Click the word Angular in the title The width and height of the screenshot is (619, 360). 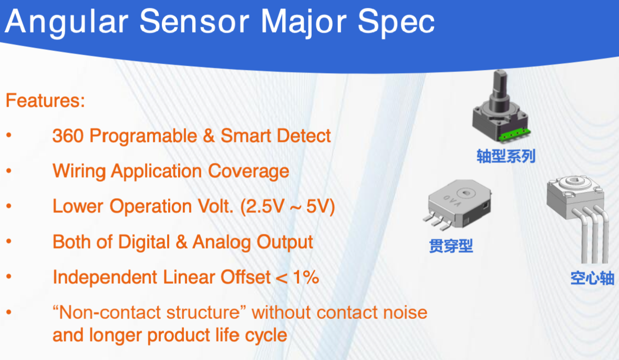click(x=67, y=22)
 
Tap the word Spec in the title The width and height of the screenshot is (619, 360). click(x=396, y=22)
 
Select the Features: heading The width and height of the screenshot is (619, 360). click(x=45, y=100)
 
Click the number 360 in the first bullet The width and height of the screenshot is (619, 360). click(x=68, y=136)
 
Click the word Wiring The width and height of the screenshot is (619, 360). click(x=79, y=171)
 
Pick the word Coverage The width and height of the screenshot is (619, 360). click(x=249, y=171)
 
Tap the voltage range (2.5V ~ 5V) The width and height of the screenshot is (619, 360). click(x=287, y=207)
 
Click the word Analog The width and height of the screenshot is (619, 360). click(x=221, y=242)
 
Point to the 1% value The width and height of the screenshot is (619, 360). click(x=306, y=277)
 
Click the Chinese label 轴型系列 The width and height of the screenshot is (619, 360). click(x=505, y=156)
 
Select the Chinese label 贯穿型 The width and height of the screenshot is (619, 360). click(x=451, y=245)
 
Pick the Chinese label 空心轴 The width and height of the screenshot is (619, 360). click(x=592, y=278)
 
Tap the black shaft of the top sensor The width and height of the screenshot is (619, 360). click(x=499, y=91)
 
